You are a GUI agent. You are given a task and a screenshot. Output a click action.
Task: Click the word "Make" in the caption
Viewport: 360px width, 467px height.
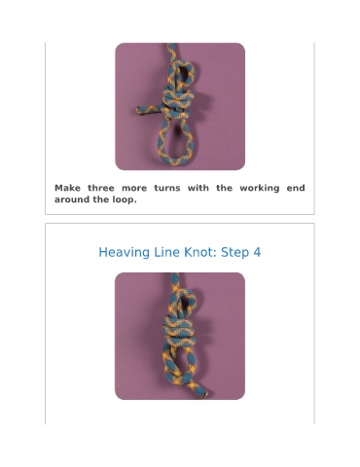tap(68, 188)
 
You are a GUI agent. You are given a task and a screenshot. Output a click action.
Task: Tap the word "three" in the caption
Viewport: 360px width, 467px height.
tap(101, 188)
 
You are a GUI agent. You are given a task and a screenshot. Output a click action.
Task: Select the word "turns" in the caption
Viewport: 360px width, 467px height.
tap(167, 188)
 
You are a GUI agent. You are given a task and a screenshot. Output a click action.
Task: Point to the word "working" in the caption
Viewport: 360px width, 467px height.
tap(260, 189)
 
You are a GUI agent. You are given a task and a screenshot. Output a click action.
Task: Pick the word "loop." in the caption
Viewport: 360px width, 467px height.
tap(125, 200)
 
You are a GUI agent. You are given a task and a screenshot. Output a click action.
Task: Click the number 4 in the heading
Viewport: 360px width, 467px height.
tap(257, 252)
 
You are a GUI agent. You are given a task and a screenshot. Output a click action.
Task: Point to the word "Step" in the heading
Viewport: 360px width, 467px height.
tap(235, 253)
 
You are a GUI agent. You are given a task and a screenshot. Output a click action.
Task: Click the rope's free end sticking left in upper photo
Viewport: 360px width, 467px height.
tap(139, 110)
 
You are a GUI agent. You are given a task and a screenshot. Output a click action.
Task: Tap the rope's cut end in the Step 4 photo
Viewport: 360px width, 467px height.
tap(204, 394)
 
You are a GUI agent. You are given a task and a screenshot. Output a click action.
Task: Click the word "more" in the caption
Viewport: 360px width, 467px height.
tap(134, 188)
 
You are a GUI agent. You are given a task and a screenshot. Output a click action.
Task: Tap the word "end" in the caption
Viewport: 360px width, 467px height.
tap(296, 188)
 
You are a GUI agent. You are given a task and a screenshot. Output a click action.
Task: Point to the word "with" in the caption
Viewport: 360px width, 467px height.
tap(198, 188)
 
